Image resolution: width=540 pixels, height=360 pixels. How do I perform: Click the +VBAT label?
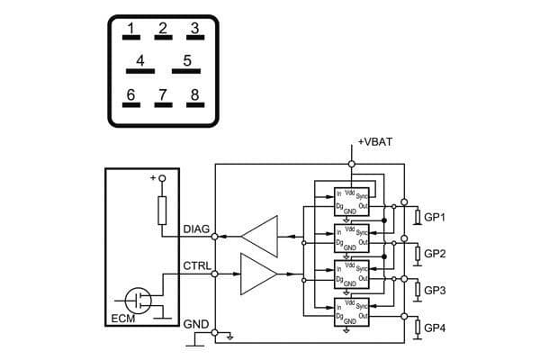click(373, 142)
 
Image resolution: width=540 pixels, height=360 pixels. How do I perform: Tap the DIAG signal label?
click(196, 229)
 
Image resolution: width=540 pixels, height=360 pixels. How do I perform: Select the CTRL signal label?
click(196, 266)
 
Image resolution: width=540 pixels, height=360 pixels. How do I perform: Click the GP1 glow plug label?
click(435, 218)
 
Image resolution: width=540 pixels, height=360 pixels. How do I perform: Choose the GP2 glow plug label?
click(435, 254)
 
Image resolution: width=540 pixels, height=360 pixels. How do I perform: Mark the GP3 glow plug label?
click(435, 291)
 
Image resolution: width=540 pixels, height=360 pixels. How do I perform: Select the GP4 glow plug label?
click(435, 328)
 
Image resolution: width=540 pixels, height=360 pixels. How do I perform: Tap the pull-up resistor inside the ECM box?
click(163, 211)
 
